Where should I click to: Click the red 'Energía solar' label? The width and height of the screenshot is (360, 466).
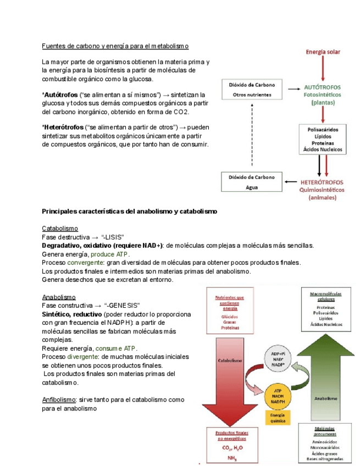pos(323,52)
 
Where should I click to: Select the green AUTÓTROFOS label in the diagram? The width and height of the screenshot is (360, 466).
pos(322,87)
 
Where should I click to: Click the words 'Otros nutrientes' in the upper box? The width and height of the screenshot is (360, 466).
pos(252,94)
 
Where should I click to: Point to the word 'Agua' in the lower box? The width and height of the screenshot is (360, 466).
pos(251,187)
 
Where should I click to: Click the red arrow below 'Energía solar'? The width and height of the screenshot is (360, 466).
pos(323,69)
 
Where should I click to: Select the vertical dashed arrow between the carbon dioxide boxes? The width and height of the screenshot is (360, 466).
pos(252,135)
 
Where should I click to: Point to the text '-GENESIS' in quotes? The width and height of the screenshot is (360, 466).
pos(123,305)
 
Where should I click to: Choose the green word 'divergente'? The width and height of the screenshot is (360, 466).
pos(83,357)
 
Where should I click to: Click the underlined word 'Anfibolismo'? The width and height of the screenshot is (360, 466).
pos(59,400)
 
